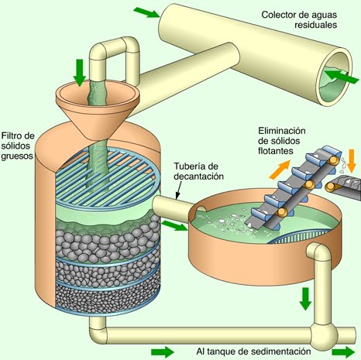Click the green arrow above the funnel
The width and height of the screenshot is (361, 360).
tap(78, 72)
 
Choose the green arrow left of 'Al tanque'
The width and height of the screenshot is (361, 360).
tap(162, 351)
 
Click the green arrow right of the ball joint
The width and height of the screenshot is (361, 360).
tap(343, 351)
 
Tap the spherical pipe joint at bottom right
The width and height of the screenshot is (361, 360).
tap(321, 334)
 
